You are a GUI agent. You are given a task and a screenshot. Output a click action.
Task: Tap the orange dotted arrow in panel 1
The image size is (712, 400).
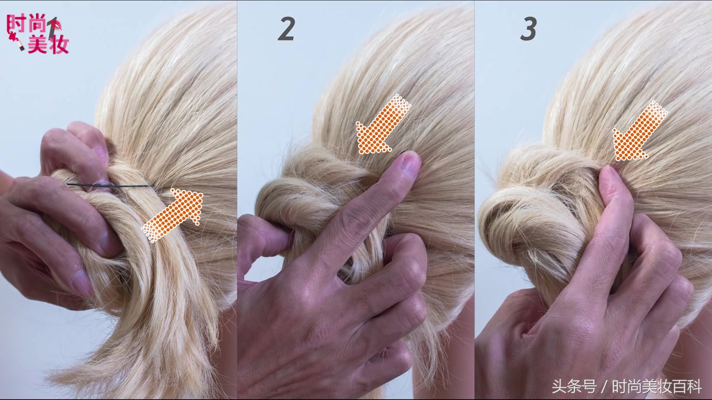172,215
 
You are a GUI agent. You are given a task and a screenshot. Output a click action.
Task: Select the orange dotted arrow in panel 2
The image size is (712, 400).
383,124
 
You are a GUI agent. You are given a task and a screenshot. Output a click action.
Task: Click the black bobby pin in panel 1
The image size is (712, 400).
111,185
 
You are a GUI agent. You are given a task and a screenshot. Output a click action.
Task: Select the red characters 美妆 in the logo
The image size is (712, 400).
48,44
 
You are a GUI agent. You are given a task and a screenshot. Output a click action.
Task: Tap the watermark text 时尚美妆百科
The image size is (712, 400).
657,386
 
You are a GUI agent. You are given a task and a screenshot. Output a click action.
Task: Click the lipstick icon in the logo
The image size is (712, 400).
16,41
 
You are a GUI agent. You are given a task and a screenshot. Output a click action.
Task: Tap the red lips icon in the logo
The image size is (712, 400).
57,25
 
